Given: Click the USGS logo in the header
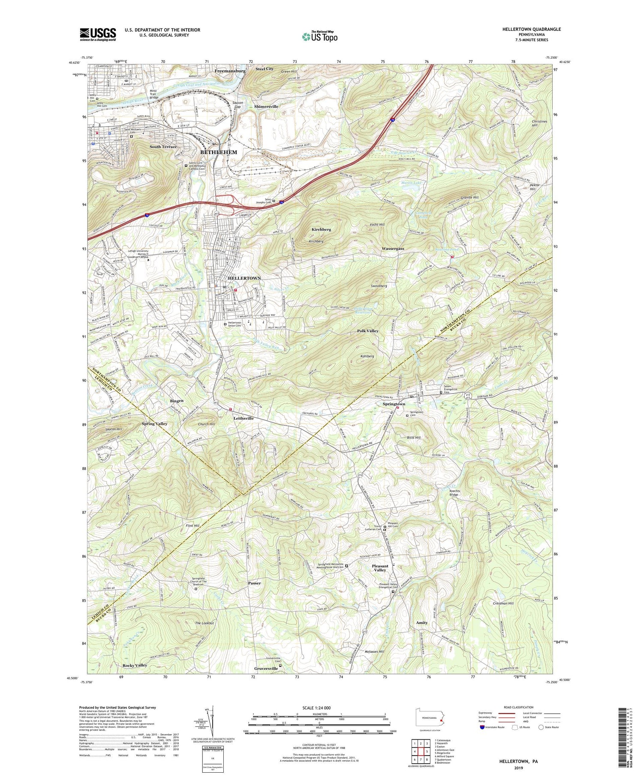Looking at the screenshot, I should pyautogui.click(x=98, y=34).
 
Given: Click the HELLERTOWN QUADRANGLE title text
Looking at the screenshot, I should pyautogui.click(x=532, y=29).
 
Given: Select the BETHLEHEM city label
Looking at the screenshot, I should pyautogui.click(x=219, y=152).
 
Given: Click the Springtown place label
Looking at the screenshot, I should pyautogui.click(x=394, y=404).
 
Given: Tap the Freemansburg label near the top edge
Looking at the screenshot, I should pyautogui.click(x=230, y=70).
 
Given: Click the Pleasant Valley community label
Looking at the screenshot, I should pyautogui.click(x=380, y=568).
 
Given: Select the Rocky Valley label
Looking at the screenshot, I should pyautogui.click(x=135, y=665).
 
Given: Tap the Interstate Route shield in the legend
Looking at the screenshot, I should pyautogui.click(x=482, y=727).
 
